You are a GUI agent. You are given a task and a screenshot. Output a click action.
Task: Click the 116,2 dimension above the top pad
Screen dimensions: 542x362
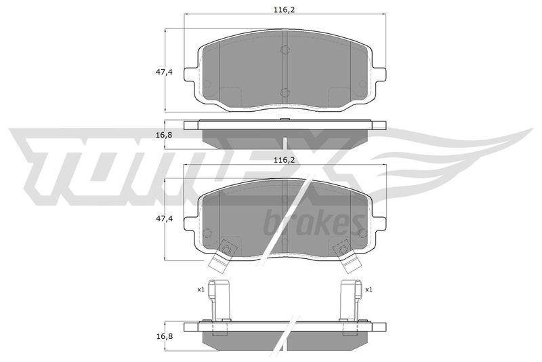(x=284, y=10)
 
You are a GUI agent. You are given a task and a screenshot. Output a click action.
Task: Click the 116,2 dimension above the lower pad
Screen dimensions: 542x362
(x=284, y=160)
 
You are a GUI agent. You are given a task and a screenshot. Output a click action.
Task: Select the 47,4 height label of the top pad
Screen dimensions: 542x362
(x=164, y=72)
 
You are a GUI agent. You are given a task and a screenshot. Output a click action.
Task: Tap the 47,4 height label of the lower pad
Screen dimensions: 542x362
(x=164, y=218)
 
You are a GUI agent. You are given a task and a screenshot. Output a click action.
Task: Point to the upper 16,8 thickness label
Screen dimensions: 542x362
(x=164, y=135)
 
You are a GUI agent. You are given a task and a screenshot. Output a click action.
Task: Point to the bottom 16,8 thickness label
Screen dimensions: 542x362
(x=164, y=336)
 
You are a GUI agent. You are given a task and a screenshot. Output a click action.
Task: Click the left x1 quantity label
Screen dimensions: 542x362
(x=201, y=289)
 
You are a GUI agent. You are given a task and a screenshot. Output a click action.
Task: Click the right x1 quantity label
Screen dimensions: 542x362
(x=369, y=289)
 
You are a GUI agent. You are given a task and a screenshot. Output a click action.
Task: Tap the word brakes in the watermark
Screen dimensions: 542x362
(x=314, y=223)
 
